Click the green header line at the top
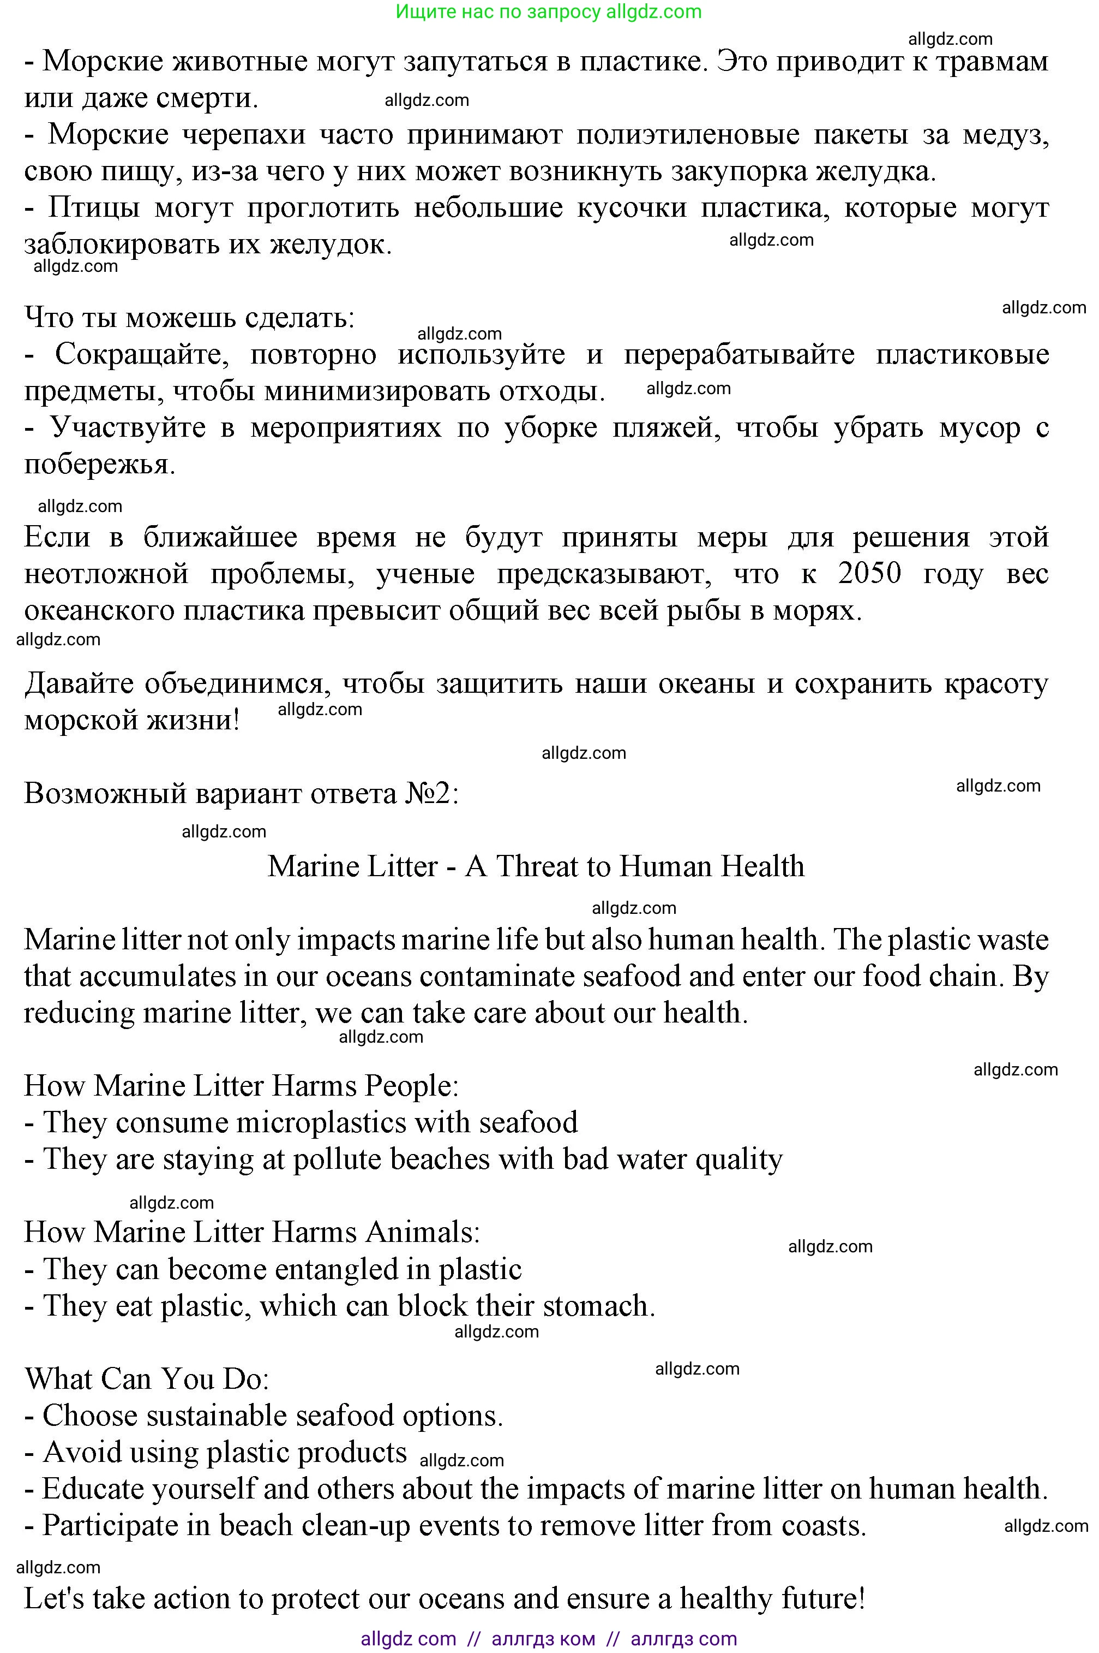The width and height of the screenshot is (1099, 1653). pos(548,12)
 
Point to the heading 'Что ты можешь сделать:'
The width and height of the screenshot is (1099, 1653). pos(189,318)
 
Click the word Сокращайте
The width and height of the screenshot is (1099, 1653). pos(142,354)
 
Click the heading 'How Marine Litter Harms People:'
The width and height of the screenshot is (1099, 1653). pos(241,1086)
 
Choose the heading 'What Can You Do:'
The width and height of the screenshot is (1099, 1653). pos(147,1379)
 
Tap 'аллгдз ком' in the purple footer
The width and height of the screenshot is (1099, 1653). pos(543,1639)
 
